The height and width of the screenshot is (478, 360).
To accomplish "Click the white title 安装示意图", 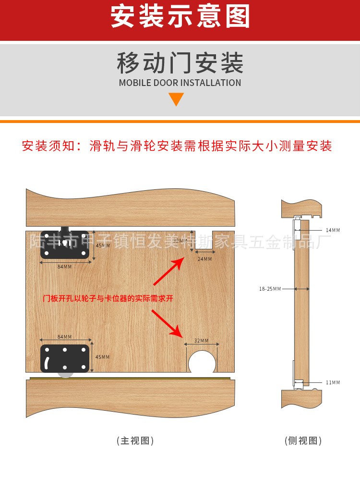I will tap(180, 17).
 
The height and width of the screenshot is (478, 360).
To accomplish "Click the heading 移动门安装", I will tap(180, 63).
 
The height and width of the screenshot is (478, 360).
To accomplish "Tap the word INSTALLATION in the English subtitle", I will tap(211, 83).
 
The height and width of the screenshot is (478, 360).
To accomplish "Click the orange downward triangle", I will tap(176, 99).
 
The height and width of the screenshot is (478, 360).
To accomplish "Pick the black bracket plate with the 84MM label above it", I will tap(65, 358).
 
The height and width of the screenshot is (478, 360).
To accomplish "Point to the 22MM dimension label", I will tap(180, 241).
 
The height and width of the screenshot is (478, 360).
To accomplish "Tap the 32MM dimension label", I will tap(202, 341).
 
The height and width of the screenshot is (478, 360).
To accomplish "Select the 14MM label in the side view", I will tap(333, 230).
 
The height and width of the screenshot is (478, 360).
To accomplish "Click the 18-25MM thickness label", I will tap(270, 289).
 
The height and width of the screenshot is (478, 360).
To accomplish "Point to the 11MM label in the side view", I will tap(333, 382).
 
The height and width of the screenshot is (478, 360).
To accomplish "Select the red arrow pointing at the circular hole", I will tap(168, 323).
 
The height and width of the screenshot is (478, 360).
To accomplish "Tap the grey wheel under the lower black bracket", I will tap(65, 374).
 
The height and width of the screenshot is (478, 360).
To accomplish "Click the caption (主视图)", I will tap(135, 441).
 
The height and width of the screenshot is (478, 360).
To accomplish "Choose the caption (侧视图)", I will tap(303, 441).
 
